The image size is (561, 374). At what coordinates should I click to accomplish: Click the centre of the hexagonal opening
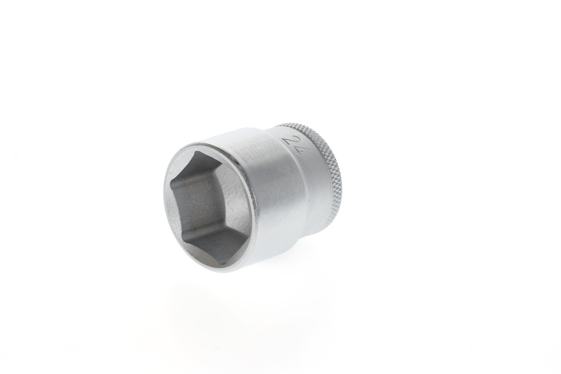point(209,206)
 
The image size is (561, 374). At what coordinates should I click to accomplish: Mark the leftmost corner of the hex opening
point(171,187)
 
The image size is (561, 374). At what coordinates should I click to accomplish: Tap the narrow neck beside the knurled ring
point(313,184)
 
